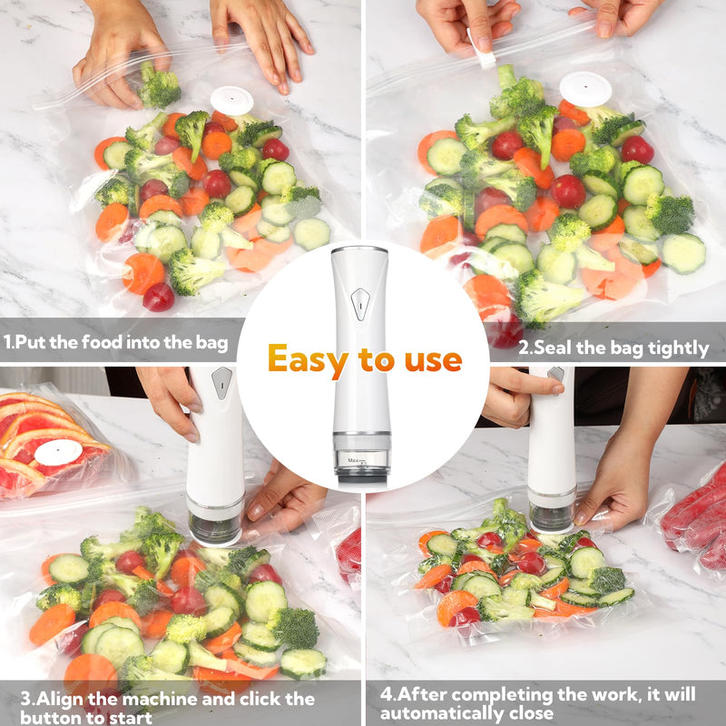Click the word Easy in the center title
tap(309, 360)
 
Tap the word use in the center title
tap(429, 360)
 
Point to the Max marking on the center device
tap(357, 461)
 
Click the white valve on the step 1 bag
tap(231, 100)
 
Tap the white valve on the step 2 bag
tap(585, 88)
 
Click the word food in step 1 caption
tap(112, 344)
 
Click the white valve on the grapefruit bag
tap(59, 452)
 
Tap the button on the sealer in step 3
tap(221, 383)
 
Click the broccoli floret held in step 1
tap(160, 88)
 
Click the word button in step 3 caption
tap(48, 718)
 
